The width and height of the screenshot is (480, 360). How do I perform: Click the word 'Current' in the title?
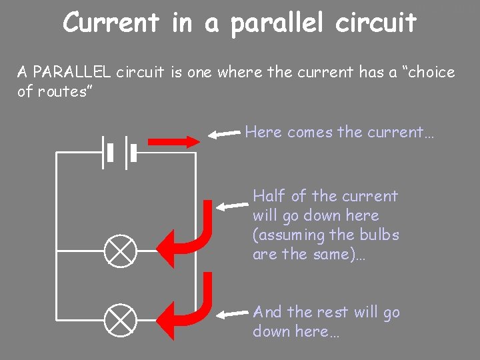111,23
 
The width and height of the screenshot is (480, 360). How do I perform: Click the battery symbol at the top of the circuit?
119,153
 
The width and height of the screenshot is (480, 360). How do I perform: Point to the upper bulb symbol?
121,251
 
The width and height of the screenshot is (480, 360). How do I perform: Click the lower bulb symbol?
121,319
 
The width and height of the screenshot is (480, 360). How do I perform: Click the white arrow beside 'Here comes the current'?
224,134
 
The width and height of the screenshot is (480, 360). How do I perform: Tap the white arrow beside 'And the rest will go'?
235,313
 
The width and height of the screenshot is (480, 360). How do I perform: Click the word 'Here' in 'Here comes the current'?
263,132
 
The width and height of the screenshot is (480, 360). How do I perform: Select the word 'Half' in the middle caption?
269,196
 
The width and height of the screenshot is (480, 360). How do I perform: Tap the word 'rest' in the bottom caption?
323,312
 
